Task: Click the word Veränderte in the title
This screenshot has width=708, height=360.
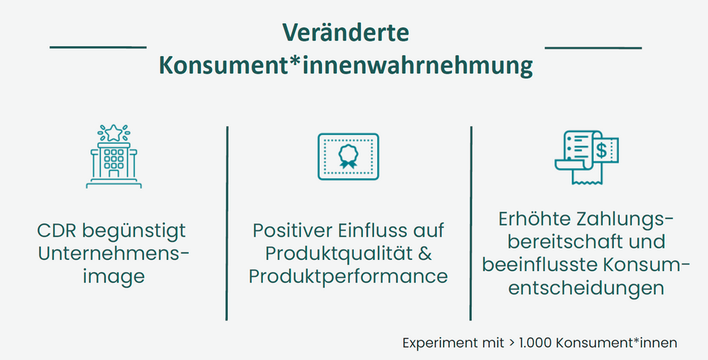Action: click(x=346, y=33)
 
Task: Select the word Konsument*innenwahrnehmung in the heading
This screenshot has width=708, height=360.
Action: click(x=346, y=66)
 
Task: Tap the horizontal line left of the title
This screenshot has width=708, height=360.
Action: click(x=98, y=47)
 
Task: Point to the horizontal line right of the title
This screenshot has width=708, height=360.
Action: click(x=593, y=47)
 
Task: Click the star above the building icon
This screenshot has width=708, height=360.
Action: click(x=114, y=133)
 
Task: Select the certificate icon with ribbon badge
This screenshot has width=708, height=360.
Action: click(x=348, y=156)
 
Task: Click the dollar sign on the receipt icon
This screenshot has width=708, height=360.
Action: click(x=601, y=150)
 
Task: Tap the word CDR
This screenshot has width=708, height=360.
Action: click(x=57, y=231)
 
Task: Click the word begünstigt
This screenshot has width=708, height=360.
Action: click(x=134, y=232)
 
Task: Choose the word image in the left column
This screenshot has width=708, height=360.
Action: click(x=114, y=277)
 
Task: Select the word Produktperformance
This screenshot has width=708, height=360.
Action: click(x=348, y=277)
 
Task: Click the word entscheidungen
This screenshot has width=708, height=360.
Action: click(x=586, y=288)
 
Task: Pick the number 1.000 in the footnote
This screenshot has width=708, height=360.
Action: click(x=535, y=343)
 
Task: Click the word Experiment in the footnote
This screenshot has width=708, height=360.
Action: click(x=431, y=344)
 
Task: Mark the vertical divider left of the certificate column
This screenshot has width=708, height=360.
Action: click(x=227, y=223)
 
